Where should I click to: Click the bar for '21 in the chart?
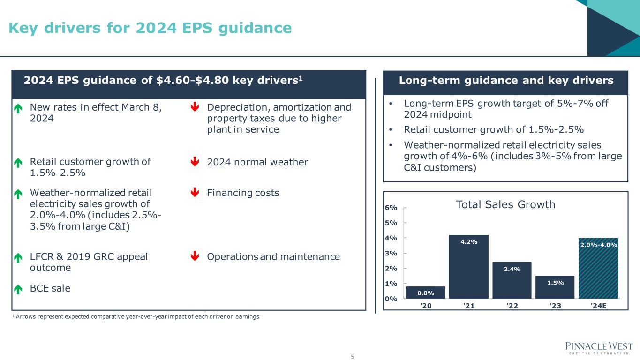click(468, 267)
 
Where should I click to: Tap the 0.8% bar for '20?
click(425, 292)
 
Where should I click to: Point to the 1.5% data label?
click(555, 283)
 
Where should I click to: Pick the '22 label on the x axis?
click(512, 307)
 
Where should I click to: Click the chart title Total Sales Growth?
click(505, 204)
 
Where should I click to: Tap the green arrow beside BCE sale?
click(18, 289)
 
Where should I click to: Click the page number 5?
click(353, 357)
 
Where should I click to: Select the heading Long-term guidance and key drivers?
click(506, 81)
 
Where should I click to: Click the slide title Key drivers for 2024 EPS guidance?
click(150, 28)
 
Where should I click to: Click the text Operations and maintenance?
click(273, 257)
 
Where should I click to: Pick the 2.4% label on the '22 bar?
click(512, 269)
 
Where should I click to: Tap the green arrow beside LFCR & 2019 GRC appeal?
click(18, 257)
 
